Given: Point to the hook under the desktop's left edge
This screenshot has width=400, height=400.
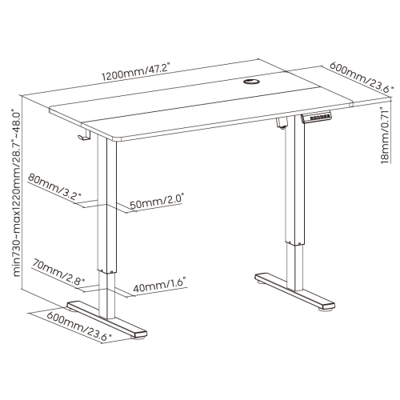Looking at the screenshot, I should tap(82, 138).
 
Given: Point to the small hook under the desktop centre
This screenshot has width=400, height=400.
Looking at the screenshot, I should tap(282, 122).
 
